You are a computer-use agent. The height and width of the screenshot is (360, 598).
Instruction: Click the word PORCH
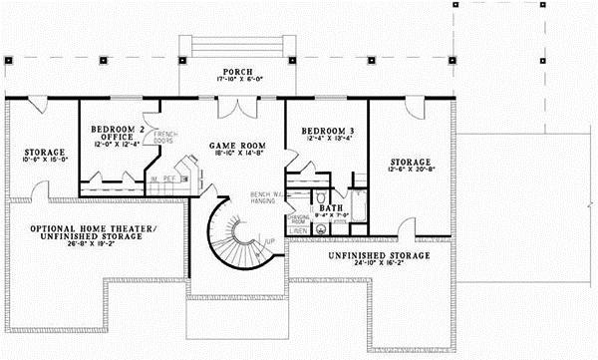click(x=237, y=73)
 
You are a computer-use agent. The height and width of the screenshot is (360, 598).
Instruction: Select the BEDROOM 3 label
click(x=315, y=131)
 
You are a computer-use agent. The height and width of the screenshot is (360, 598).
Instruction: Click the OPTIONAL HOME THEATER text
click(x=93, y=228)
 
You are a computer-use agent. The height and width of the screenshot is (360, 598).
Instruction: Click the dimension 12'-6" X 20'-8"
click(x=410, y=172)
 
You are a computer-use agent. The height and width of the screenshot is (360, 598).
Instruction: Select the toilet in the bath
click(x=318, y=227)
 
